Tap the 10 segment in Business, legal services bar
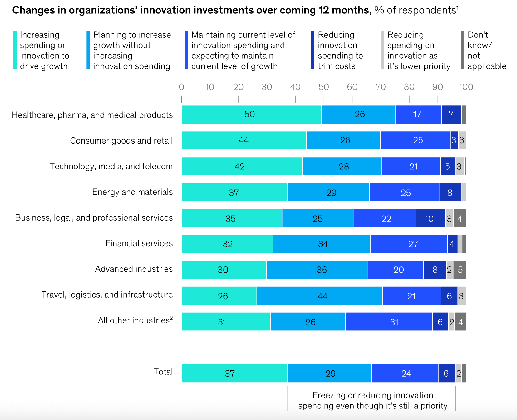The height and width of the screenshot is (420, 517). (x=430, y=218)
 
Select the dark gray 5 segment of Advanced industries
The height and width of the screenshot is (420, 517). (x=460, y=270)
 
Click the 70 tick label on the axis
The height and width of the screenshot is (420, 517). (x=381, y=87)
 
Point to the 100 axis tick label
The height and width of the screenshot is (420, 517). (x=466, y=87)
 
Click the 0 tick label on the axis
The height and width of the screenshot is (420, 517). (x=181, y=87)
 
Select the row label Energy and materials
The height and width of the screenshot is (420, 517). (x=132, y=192)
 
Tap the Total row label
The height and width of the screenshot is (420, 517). (x=163, y=372)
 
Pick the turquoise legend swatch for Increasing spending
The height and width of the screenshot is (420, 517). (x=15, y=50)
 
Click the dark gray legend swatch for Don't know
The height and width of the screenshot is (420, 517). (x=462, y=50)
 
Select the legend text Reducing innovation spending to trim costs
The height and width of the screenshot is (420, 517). (x=340, y=50)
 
